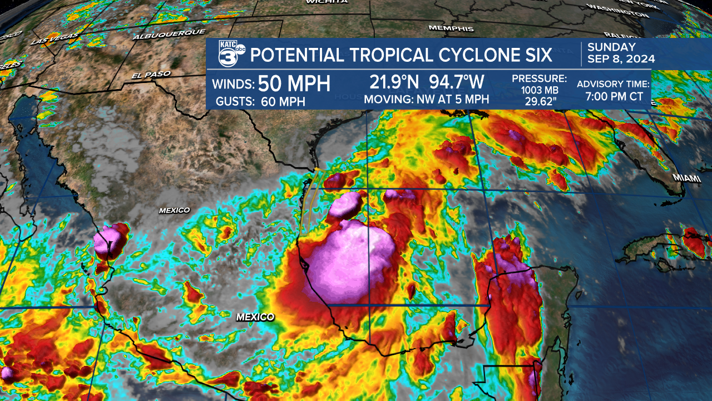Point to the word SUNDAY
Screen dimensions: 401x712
[611, 47]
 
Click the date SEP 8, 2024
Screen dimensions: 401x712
[621, 59]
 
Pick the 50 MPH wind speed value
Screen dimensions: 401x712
[295, 84]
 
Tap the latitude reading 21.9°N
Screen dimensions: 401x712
[395, 82]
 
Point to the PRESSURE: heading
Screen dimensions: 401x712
[539, 79]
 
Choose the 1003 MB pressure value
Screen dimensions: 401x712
[539, 90]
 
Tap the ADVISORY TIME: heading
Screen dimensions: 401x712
[613, 84]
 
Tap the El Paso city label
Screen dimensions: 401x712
[151, 74]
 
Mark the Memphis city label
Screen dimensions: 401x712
[451, 28]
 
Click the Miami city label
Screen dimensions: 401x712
[685, 177]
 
